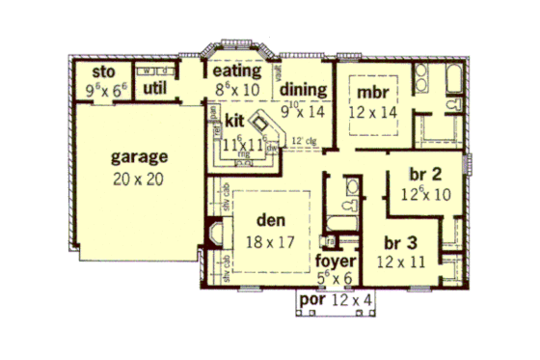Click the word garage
[x=140, y=155]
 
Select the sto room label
[x=103, y=72]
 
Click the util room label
[x=156, y=88]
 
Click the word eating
[x=237, y=71]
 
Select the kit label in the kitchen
[x=233, y=120]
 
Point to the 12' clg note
[x=304, y=142]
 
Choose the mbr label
[x=371, y=93]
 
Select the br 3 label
[x=399, y=241]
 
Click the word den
[x=256, y=221]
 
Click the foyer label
[x=337, y=262]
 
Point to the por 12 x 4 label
[x=335, y=299]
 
